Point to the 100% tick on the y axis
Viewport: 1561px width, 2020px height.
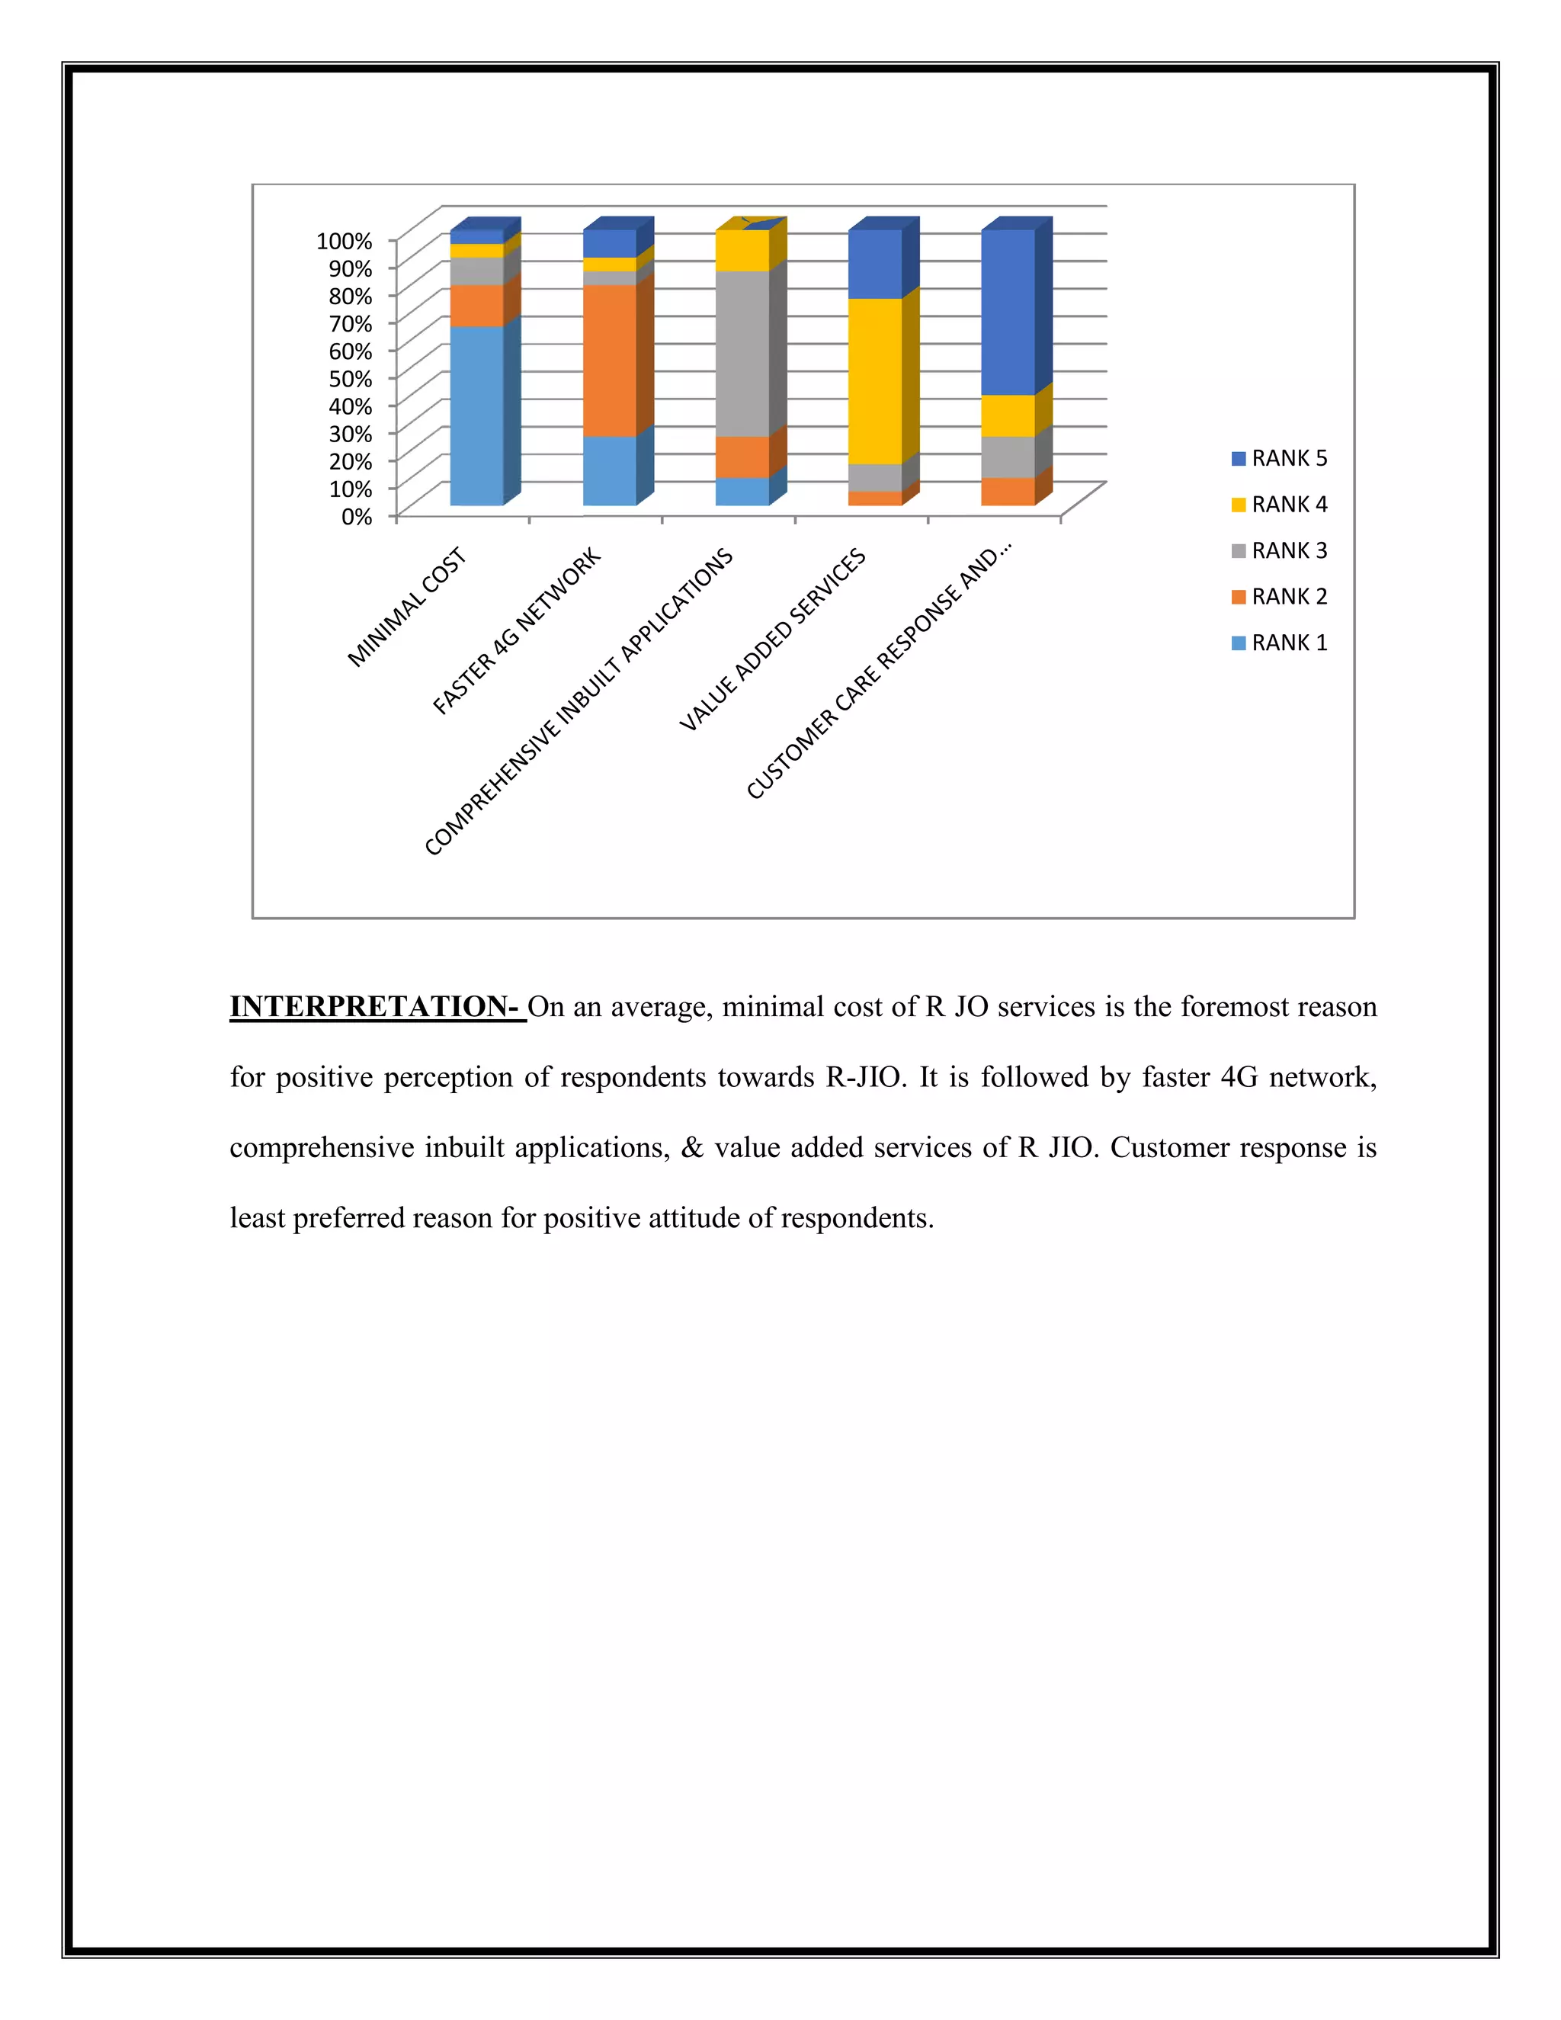[344, 242]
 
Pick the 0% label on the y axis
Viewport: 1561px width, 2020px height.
[356, 517]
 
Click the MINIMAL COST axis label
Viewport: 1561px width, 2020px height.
[407, 608]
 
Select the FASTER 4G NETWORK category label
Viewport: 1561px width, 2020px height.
[517, 631]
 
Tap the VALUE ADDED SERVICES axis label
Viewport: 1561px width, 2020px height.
[772, 639]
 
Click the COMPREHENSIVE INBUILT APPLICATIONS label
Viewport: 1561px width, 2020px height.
[579, 702]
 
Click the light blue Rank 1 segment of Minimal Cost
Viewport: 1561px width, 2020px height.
[476, 416]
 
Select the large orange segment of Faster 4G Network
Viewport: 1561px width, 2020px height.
[610, 361]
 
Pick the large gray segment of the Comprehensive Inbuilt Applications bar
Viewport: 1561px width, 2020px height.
[742, 354]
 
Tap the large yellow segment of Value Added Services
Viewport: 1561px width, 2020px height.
[875, 381]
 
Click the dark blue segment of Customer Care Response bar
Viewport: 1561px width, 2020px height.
[1007, 313]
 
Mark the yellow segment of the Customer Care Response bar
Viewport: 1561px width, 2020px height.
[1007, 416]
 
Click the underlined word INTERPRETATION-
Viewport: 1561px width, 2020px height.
[377, 1006]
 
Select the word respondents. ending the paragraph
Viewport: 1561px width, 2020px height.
[857, 1218]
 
